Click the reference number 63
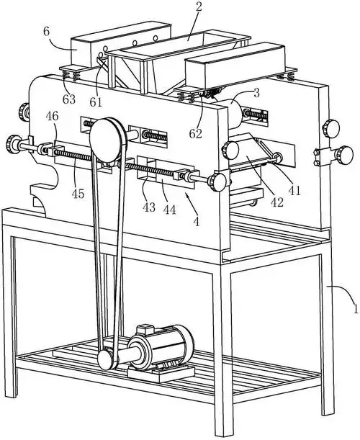(x=69, y=99)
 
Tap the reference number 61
(x=96, y=102)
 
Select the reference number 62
(x=196, y=134)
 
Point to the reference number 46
(x=52, y=116)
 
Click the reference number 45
(x=78, y=193)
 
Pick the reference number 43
(x=149, y=207)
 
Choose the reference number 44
(x=169, y=210)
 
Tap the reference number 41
(x=294, y=191)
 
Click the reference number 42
(x=276, y=202)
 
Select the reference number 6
(x=46, y=31)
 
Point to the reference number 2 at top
(x=199, y=7)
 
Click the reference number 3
(x=256, y=93)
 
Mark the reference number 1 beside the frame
(x=356, y=309)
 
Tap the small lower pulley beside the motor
(x=105, y=360)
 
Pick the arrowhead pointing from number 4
(x=186, y=194)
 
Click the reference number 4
(x=197, y=222)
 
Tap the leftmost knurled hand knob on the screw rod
(x=12, y=144)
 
